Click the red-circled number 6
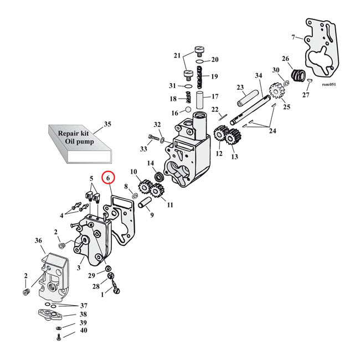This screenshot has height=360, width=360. pos(109,178)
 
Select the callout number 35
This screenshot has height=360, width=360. pos(107,124)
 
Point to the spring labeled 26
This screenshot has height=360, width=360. pos(299,74)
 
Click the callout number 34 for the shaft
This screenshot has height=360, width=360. pos(258,76)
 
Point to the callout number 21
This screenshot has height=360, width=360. pos(177,55)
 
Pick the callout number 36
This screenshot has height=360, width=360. pos(38,241)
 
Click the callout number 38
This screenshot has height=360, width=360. pos(83,314)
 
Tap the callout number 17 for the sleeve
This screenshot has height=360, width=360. pos(215,96)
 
